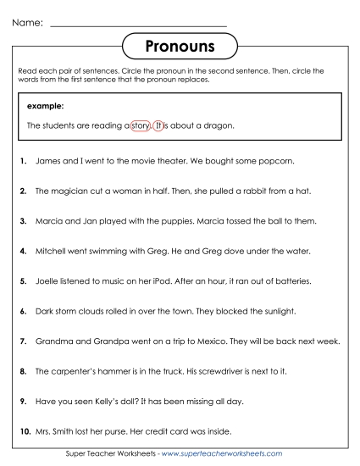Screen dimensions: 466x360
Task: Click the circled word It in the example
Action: click(158, 125)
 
